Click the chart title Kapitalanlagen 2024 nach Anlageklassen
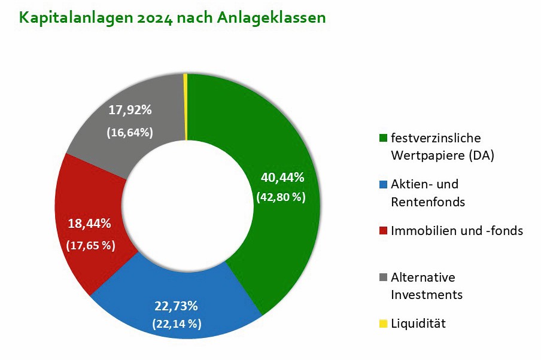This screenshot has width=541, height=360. point(172,17)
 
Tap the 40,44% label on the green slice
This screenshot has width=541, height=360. point(282,178)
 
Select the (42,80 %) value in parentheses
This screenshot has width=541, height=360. point(281,197)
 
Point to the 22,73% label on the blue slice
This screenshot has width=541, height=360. point(176,306)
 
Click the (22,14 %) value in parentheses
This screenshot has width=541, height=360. point(178,324)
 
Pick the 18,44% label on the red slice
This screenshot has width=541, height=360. point(90,224)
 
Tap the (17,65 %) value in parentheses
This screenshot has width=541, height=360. point(90,245)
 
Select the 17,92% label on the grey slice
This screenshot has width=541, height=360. point(130,110)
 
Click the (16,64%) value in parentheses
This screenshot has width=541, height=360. point(130,132)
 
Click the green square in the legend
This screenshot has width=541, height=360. point(383,139)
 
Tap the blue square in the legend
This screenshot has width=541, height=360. point(383,184)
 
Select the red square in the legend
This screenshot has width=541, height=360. point(383,231)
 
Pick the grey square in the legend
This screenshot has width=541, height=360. point(383,277)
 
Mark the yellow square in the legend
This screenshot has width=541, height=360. point(383,324)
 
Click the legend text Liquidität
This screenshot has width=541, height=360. point(418,324)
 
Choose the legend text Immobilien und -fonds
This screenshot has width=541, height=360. point(457,231)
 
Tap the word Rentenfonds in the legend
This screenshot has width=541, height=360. point(427,202)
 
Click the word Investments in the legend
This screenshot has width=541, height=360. point(426,295)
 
